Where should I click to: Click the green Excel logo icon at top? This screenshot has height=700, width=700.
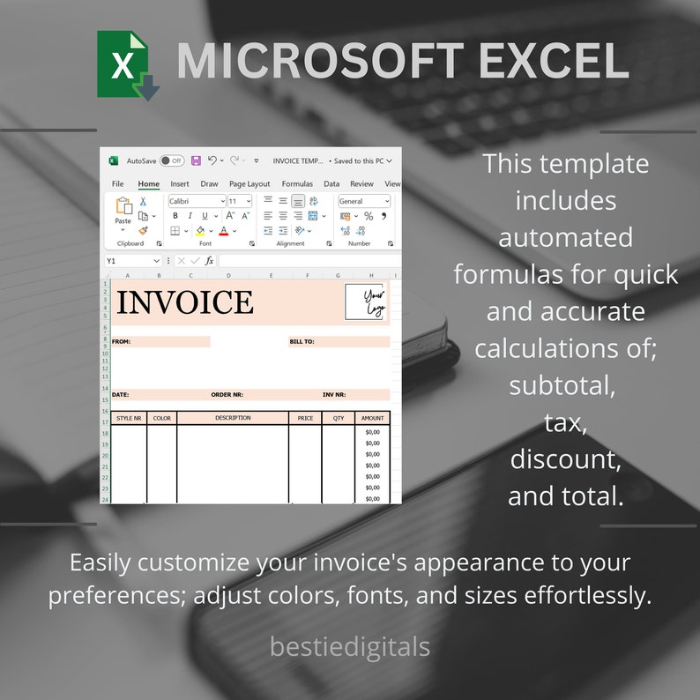coord(126,63)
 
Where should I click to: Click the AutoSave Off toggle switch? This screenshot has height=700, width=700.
coord(171,161)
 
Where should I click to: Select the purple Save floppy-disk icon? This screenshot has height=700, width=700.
coord(196,161)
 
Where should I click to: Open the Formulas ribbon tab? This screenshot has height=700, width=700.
coord(297,184)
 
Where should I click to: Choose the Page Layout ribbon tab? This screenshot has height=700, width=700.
coord(249,184)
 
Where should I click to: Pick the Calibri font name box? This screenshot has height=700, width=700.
coord(197,202)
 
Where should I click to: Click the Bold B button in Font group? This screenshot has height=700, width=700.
coord(175,216)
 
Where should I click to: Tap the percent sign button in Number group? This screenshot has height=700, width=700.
coord(369,216)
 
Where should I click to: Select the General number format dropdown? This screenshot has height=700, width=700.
coord(363,202)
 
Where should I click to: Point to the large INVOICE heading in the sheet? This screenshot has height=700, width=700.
coord(185,302)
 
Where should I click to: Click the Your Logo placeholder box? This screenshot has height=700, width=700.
coord(366,302)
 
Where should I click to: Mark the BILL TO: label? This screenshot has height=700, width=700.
coord(302,342)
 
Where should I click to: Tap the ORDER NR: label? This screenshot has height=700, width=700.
coord(227,395)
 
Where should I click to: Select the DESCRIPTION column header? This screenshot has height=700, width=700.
coord(233,418)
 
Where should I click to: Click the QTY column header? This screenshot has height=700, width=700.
coord(338,419)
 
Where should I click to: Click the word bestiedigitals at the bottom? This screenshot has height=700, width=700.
coord(350,647)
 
